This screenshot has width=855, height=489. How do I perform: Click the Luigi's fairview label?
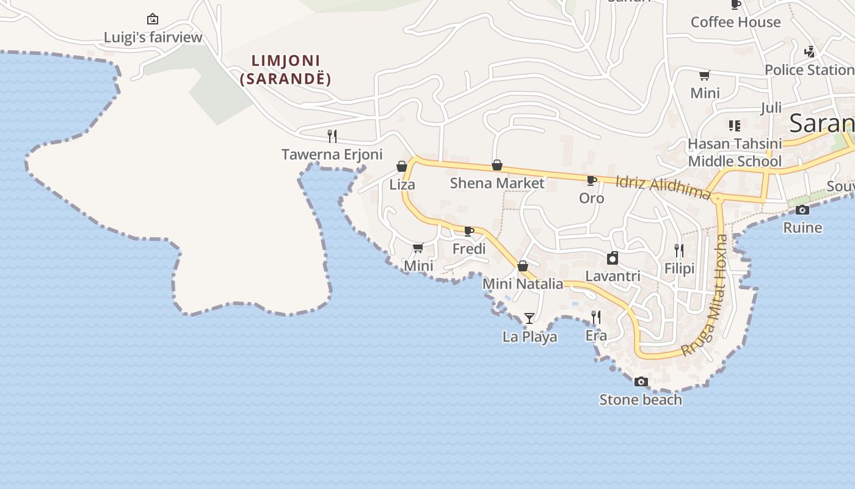pos(153,37)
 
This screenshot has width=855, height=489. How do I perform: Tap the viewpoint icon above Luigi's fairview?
pos(153,19)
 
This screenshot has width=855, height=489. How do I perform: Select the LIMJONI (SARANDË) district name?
pos(286,70)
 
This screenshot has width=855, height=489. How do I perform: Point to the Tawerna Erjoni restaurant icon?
pos(332,136)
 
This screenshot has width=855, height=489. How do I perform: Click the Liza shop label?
pos(402,185)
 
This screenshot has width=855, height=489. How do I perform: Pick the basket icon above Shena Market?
pos(497,166)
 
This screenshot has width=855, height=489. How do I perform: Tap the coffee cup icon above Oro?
pos(591,180)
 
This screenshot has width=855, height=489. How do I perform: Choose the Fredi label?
pos(469,249)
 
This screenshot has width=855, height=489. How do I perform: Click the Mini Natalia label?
pos(523,284)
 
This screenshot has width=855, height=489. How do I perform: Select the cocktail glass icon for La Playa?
pos(529,318)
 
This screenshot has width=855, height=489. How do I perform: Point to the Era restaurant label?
pos(596,336)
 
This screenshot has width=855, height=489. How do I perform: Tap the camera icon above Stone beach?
pos(641,382)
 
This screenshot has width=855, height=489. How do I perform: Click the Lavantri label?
pos(613,276)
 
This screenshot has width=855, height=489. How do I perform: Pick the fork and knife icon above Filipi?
pos(679,250)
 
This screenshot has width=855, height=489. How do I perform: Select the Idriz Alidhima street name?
pos(663,187)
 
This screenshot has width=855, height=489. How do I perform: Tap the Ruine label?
pos(802,228)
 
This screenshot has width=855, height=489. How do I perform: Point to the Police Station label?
pos(809,70)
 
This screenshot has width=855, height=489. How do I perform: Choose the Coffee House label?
pos(735,22)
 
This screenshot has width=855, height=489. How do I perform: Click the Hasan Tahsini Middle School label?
pos(735,152)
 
